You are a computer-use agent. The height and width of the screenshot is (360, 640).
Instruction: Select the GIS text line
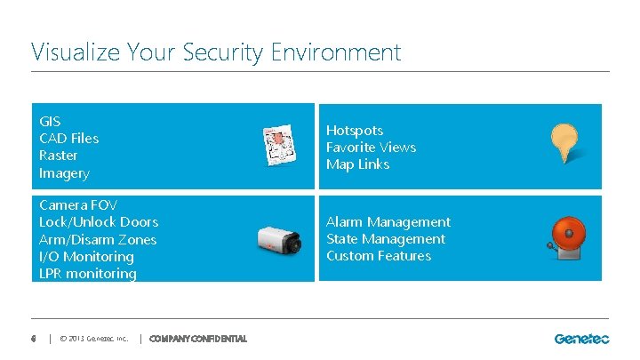[x=50, y=121]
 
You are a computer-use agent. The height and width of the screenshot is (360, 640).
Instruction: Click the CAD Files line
[x=69, y=138]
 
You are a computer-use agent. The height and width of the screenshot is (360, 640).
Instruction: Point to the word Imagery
[x=64, y=172]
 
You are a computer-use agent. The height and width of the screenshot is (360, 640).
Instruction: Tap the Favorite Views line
[x=371, y=147]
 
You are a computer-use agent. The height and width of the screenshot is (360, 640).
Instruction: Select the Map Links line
[x=357, y=164]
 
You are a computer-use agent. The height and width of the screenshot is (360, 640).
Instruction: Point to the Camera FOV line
[x=78, y=205]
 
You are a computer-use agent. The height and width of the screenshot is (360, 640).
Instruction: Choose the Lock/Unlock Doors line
[x=99, y=222]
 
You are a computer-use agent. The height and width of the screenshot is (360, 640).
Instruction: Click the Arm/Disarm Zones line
[x=98, y=239]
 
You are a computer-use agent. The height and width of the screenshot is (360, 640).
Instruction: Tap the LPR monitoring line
[x=88, y=274]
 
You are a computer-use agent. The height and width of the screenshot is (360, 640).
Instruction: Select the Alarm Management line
[x=388, y=222]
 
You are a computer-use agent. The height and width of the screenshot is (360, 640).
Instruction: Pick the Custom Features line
[x=379, y=256]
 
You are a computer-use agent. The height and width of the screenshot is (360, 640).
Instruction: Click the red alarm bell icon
[x=568, y=236]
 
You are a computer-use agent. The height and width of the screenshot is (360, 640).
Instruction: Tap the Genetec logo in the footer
[x=581, y=338]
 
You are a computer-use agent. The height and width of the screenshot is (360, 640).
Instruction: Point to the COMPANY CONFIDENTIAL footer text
[x=198, y=339]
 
